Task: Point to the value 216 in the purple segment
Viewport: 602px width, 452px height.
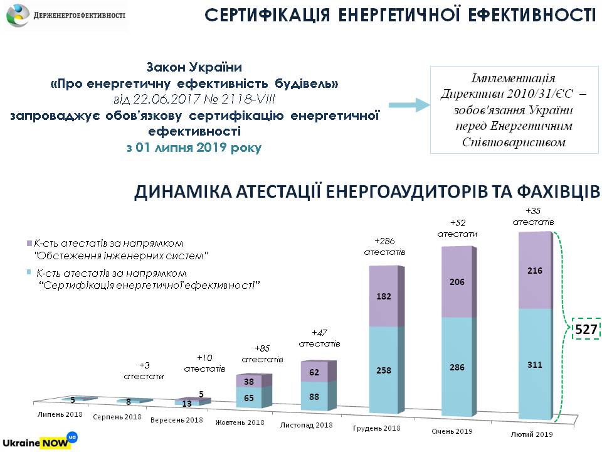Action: tap(534, 271)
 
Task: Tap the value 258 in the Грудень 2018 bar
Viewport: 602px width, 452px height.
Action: tap(383, 370)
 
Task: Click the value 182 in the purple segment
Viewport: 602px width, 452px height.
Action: tap(383, 296)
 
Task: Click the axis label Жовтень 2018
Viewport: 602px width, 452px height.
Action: tap(238, 422)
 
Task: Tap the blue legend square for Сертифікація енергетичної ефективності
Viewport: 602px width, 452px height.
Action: tap(29, 273)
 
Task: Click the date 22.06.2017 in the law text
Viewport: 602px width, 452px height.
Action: tap(155, 99)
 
